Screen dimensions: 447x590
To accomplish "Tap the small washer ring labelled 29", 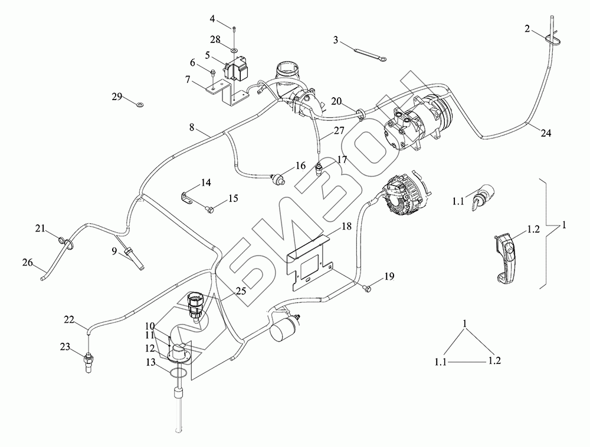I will [x=139, y=105].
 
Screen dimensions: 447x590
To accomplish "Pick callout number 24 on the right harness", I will [x=546, y=134].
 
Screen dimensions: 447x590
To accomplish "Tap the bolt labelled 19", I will [x=367, y=288].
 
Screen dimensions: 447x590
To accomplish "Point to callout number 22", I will [x=70, y=320].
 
